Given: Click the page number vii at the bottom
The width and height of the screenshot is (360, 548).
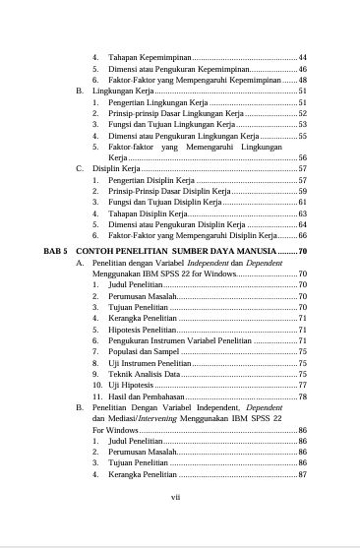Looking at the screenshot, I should [176, 497].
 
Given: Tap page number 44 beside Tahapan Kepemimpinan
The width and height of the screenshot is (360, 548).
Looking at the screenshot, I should [303, 59].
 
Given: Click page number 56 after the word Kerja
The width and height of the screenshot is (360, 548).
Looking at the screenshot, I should [303, 157].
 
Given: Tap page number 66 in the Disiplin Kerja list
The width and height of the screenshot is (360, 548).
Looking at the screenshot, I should [303, 236].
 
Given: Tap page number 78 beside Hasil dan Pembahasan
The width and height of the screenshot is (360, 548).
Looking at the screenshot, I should [303, 396].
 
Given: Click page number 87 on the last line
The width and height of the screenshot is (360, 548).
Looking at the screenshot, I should [303, 473].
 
